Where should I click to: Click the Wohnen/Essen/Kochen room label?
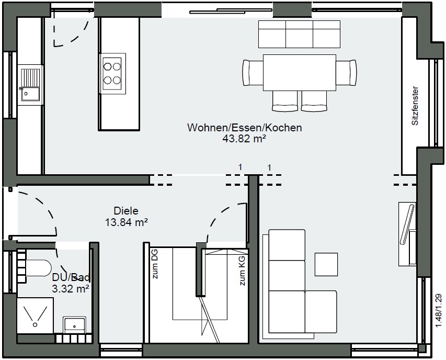244,128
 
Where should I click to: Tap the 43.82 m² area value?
244,139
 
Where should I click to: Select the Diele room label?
126,211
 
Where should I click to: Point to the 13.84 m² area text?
127,222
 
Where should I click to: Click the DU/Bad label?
71,277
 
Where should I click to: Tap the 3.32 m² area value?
71,288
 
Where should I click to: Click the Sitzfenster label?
415,106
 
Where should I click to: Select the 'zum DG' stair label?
155,264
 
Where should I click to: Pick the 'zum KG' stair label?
242,271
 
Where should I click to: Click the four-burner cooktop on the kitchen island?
112,73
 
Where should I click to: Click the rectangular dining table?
300,73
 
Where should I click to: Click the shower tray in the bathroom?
35,316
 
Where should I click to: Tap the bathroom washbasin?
74,325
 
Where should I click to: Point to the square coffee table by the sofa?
326,264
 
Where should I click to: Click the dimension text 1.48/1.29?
439,310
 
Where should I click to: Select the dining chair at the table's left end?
253,72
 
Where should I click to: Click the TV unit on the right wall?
407,234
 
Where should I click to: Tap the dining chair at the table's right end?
346,72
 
